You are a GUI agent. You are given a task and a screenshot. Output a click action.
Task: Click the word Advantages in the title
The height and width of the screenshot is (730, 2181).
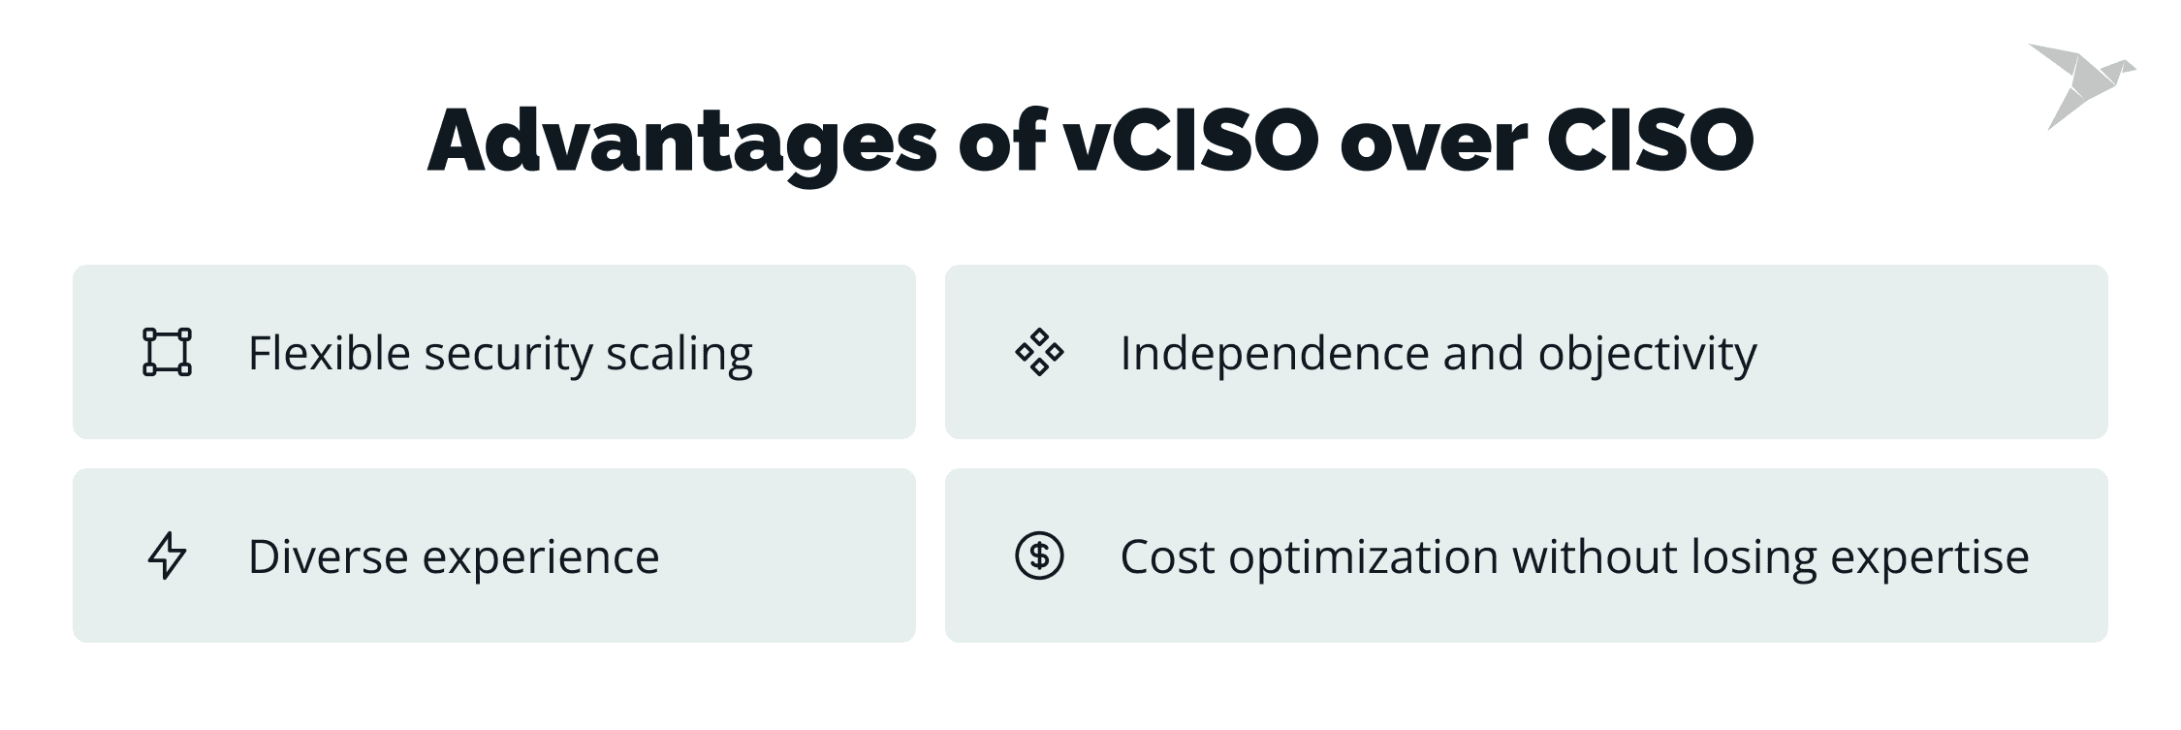682,143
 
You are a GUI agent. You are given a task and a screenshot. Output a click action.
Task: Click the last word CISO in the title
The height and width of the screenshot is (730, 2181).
1651,141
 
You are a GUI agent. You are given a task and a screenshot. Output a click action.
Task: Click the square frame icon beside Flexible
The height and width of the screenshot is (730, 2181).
167,352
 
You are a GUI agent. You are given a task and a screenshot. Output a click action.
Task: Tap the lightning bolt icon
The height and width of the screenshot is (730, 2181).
167,555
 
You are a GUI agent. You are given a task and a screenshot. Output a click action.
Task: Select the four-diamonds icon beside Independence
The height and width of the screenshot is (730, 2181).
1039,352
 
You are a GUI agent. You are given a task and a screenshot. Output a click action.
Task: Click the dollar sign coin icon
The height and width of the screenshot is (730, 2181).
1039,555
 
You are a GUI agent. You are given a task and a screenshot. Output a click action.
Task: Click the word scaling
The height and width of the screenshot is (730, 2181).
680,355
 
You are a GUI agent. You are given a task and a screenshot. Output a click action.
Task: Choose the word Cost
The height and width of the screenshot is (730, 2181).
1167,557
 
